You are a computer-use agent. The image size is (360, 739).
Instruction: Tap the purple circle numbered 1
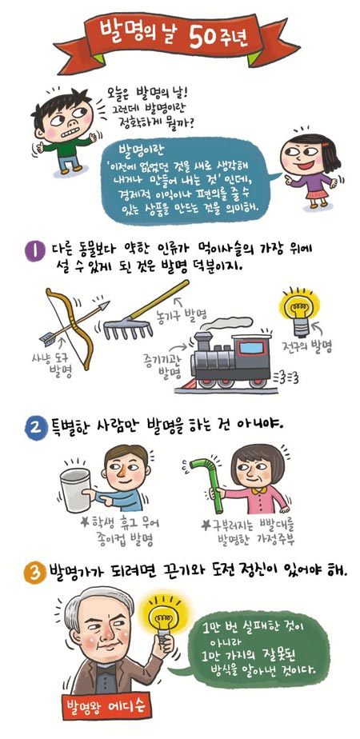click(32, 249)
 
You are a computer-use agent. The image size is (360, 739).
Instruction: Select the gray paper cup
click(75, 489)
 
